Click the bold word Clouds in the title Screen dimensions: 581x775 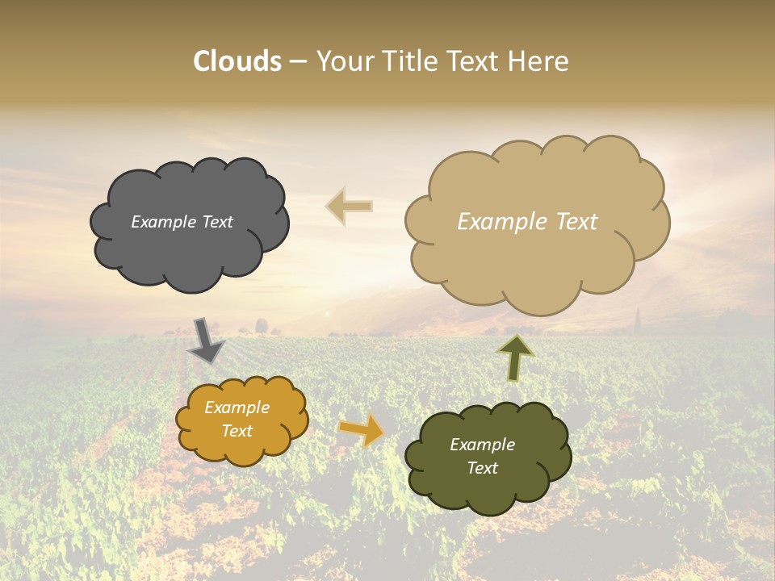pyautogui.click(x=237, y=61)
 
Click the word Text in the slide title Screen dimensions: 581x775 pyautogui.click(x=475, y=61)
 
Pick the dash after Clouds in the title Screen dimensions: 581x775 pyautogui.click(x=298, y=63)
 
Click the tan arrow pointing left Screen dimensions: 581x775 pyautogui.click(x=350, y=207)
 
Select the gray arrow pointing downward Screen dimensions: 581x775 pyautogui.click(x=207, y=340)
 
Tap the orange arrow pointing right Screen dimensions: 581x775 pyautogui.click(x=361, y=429)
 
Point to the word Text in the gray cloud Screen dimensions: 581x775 pyautogui.click(x=216, y=222)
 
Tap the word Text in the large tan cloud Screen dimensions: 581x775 pyautogui.click(x=576, y=222)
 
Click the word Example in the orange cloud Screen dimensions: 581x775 pyautogui.click(x=237, y=408)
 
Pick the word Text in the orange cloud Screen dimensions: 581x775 pyautogui.click(x=237, y=431)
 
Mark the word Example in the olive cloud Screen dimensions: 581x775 pyautogui.click(x=482, y=445)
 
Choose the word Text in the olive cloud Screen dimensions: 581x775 pyautogui.click(x=482, y=468)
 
